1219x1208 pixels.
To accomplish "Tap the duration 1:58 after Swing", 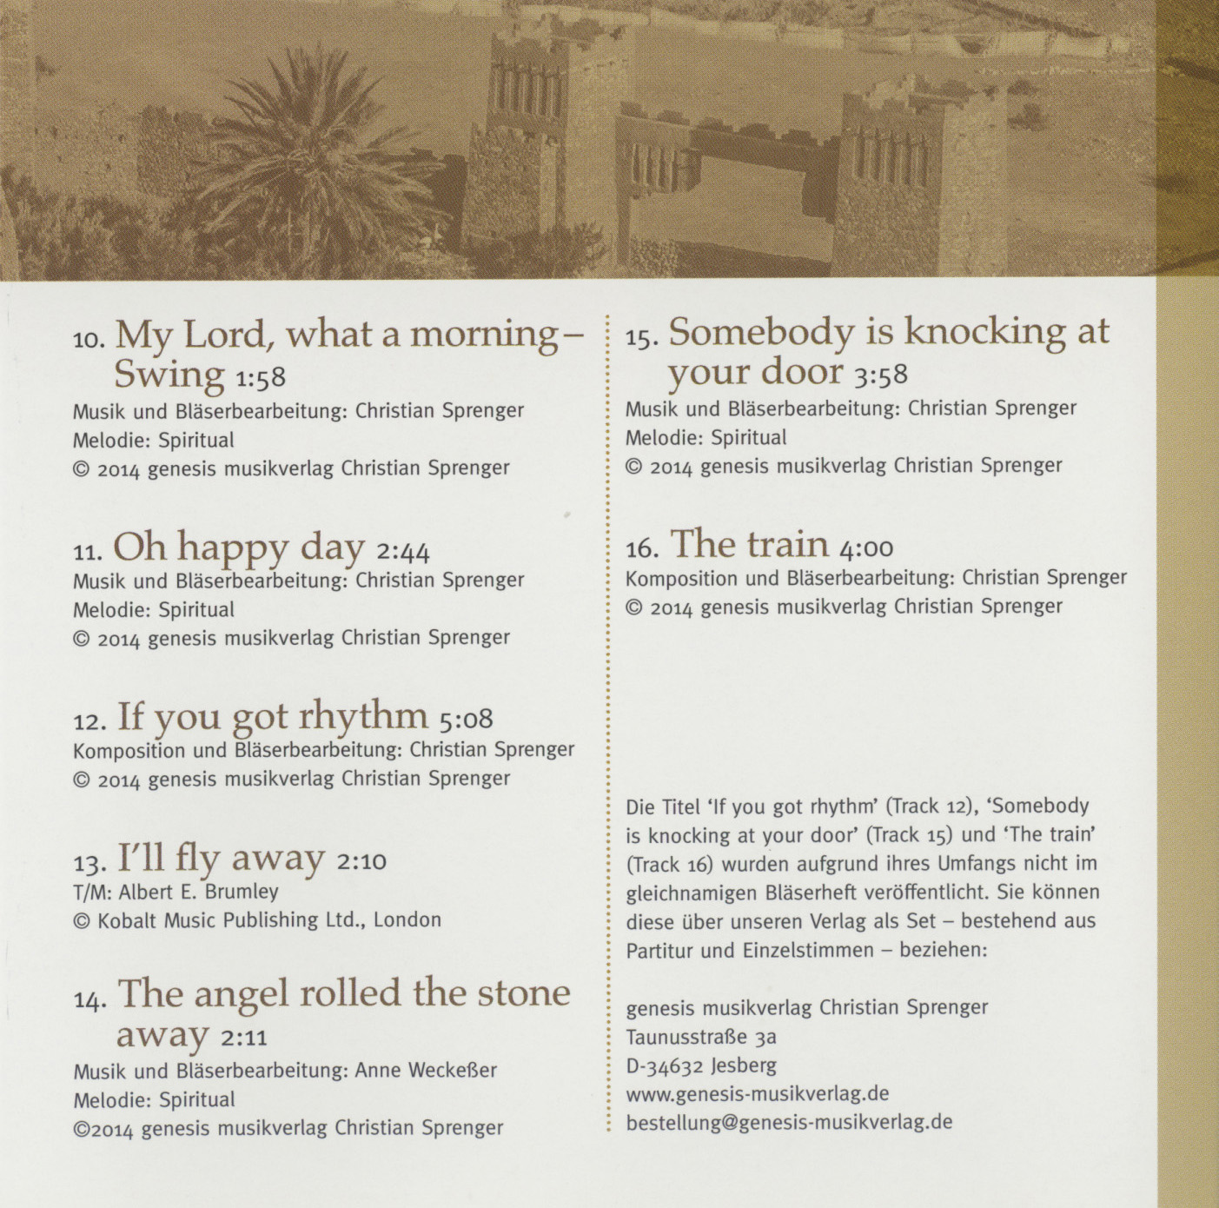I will pyautogui.click(x=260, y=378).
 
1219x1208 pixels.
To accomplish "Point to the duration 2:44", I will pyautogui.click(x=403, y=551).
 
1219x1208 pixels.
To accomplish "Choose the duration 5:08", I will pyautogui.click(x=466, y=720).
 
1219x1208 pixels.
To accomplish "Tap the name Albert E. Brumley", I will pyautogui.click(x=198, y=892).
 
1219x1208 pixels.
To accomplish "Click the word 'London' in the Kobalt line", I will pyautogui.click(x=407, y=919).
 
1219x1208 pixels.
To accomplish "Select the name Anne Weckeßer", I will pyautogui.click(x=426, y=1070).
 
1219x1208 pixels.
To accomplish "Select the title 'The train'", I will pyautogui.click(x=749, y=545).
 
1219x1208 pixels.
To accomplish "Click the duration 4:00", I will pyautogui.click(x=866, y=548).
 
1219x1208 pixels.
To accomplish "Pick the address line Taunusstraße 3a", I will pyautogui.click(x=701, y=1037).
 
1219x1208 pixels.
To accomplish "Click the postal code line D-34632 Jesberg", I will pyautogui.click(x=701, y=1065).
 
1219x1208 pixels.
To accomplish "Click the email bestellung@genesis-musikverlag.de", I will pyautogui.click(x=789, y=1122).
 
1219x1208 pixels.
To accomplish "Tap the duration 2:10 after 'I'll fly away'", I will pyautogui.click(x=361, y=862).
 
